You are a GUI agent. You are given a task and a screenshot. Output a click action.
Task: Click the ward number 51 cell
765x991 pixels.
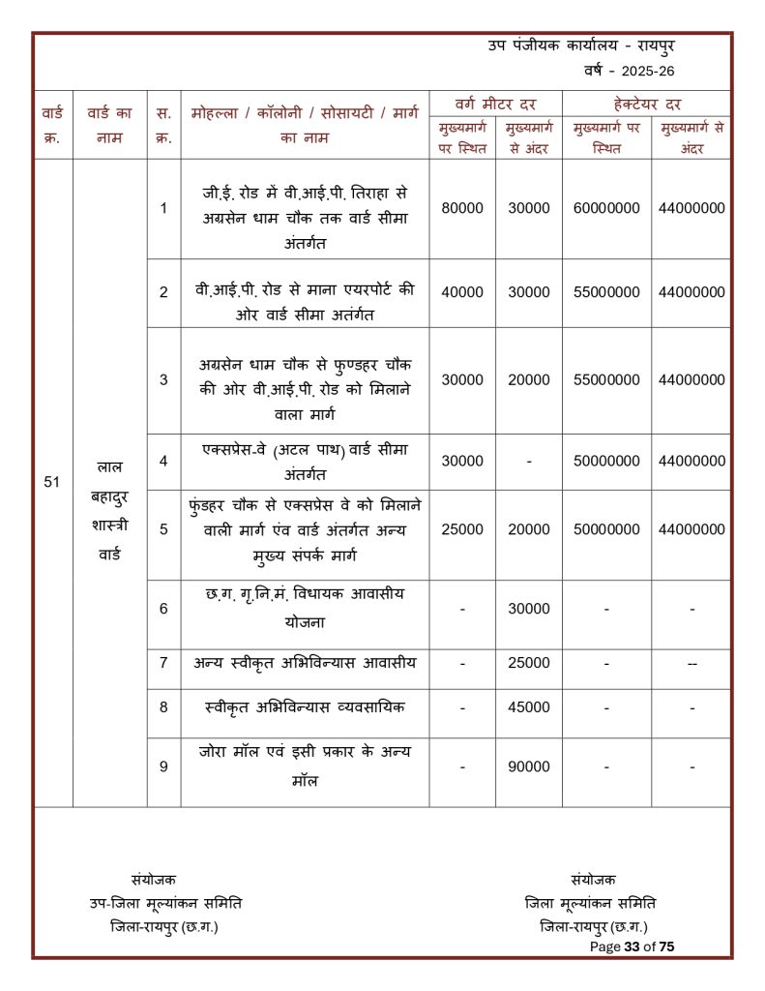pyautogui.click(x=52, y=481)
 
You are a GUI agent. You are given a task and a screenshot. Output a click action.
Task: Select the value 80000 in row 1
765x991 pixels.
pyautogui.click(x=462, y=208)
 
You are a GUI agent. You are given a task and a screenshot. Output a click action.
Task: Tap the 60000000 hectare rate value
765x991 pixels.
pyautogui.click(x=606, y=208)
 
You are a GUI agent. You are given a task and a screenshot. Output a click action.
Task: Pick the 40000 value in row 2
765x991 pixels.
pyautogui.click(x=462, y=291)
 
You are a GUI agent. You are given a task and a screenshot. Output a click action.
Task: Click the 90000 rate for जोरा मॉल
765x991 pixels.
pyautogui.click(x=529, y=766)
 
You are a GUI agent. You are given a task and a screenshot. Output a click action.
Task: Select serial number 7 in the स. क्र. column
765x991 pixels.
pyautogui.click(x=163, y=663)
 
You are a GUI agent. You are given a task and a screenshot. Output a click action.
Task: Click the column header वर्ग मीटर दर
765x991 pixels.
pyautogui.click(x=495, y=104)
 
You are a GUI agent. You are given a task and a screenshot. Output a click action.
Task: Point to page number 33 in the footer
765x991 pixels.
pyautogui.click(x=633, y=946)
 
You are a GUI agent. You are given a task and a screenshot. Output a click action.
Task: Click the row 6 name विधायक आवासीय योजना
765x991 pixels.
pyautogui.click(x=305, y=608)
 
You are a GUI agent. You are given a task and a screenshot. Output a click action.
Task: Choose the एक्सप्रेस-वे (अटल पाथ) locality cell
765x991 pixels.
pyautogui.click(x=305, y=461)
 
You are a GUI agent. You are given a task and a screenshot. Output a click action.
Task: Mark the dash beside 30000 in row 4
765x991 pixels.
pyautogui.click(x=529, y=462)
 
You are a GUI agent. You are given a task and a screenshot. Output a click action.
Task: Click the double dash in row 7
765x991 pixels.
pyautogui.click(x=691, y=663)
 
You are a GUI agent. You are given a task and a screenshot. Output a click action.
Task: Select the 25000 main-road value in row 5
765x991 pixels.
pyautogui.click(x=462, y=529)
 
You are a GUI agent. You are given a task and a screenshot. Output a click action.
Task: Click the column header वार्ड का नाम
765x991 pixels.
pyautogui.click(x=109, y=125)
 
